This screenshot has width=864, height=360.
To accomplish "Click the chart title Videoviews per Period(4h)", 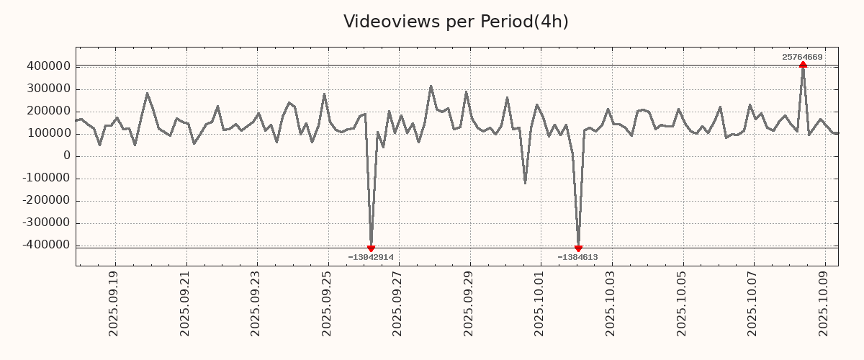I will coord(456,22).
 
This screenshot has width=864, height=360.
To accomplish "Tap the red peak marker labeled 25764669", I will coord(803,65).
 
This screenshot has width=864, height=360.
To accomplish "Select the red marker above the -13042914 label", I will coord(371,248).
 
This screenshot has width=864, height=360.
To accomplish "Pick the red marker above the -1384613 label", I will coord(578,248).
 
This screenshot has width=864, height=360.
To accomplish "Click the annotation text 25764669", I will coord(802,57).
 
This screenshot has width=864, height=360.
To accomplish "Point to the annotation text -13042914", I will coord(371,257).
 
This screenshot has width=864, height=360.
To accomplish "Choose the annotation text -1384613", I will coord(577,257).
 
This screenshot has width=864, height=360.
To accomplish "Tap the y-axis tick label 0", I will coord(67,156).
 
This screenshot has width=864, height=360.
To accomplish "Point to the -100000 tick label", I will coord(45,179).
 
